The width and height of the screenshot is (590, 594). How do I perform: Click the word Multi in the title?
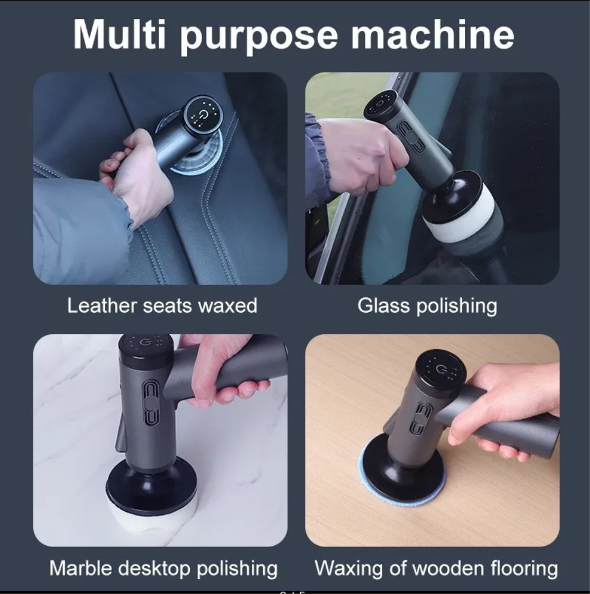tap(120, 34)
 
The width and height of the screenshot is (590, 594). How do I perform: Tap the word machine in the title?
tap(433, 34)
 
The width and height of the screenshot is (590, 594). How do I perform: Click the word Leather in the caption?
tap(102, 306)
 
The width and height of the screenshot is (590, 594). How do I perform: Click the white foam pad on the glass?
tap(460, 212)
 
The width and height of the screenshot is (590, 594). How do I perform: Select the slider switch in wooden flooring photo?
tap(419, 419)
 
